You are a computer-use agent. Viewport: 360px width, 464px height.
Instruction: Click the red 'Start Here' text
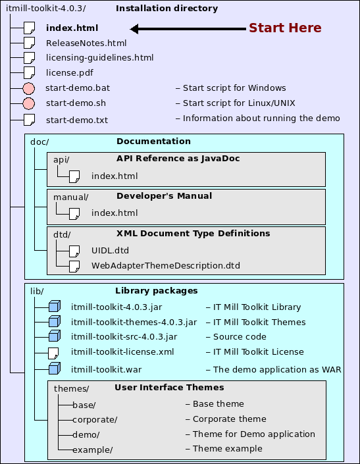284,28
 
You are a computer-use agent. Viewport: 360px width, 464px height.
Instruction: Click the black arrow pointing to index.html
188,28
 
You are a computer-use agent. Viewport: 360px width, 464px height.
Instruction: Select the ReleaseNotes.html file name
86,43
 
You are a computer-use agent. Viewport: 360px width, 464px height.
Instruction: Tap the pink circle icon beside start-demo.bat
28,88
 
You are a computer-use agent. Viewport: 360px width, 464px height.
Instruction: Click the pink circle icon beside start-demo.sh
28,103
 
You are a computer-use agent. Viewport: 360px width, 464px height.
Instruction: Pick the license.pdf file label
70,72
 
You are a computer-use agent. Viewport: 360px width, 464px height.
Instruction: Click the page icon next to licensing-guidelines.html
28,58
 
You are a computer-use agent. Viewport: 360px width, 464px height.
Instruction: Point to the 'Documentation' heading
153,141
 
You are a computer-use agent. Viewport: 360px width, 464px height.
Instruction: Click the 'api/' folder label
61,159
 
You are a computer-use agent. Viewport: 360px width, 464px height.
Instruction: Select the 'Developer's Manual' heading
164,195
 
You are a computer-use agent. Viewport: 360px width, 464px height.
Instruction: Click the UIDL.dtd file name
110,250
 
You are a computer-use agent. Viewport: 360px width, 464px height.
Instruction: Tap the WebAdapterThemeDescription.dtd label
165,265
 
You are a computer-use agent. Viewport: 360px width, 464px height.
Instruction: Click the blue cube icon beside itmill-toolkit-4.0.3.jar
54,307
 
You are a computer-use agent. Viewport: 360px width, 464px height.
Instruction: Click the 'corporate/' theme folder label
95,419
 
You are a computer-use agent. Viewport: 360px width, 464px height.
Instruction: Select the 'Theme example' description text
227,449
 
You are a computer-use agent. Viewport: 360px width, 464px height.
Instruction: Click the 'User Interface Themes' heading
169,387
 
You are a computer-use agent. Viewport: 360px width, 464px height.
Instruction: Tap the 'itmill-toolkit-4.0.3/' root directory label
45,9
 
